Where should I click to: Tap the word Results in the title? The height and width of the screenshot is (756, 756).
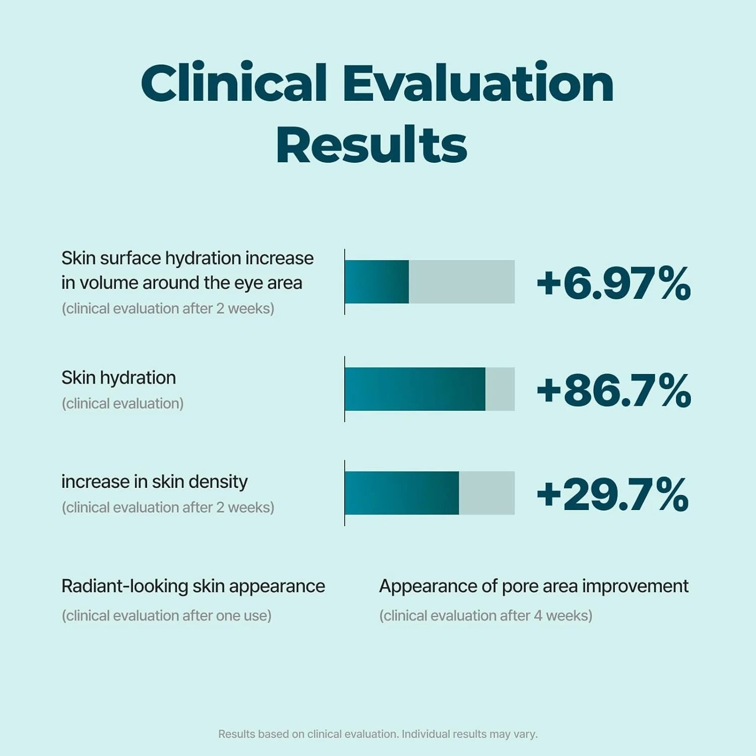pos(371,145)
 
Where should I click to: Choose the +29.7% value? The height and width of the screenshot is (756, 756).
pos(612,494)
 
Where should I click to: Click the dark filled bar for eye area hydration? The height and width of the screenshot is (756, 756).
pos(377,282)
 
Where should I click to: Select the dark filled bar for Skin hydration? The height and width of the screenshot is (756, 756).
pos(415,389)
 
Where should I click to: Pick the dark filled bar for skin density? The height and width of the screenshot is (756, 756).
pos(402,493)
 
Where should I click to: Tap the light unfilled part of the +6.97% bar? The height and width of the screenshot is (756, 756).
pos(462,282)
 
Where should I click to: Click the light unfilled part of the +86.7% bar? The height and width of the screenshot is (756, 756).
pos(500,389)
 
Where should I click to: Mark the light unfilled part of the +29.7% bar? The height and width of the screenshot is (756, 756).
pos(487,493)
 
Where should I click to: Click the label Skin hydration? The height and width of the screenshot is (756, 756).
pos(119,378)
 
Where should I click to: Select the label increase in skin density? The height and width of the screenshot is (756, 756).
pos(155,482)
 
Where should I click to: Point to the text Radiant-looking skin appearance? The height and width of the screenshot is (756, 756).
pos(193,586)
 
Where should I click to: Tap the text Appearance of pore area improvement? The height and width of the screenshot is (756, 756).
pos(534,586)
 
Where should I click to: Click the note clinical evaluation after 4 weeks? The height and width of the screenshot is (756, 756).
pos(486,615)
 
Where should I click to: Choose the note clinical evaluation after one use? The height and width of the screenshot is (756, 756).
pos(166,615)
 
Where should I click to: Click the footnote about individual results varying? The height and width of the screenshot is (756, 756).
pos(378,734)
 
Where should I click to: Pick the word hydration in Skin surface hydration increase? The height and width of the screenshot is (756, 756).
pos(203,259)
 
